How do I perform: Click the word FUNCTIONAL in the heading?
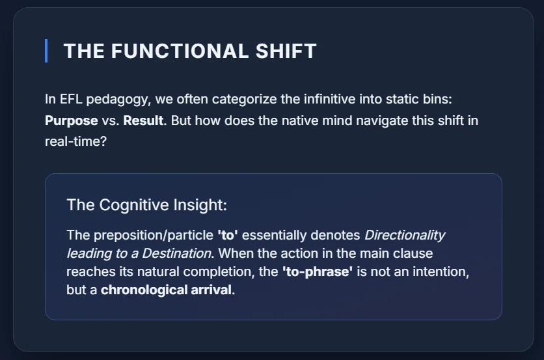click(180, 51)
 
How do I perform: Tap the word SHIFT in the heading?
click(286, 51)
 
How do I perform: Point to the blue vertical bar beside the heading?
click(46, 51)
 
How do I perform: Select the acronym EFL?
click(71, 100)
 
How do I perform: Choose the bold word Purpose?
click(72, 121)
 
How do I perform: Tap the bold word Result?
click(143, 120)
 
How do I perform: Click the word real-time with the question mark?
click(75, 141)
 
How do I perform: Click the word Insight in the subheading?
click(200, 205)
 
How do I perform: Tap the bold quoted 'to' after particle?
click(228, 236)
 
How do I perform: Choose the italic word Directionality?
click(405, 236)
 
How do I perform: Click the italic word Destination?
click(176, 253)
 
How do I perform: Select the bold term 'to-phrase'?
click(318, 272)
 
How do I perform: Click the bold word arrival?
click(211, 290)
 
